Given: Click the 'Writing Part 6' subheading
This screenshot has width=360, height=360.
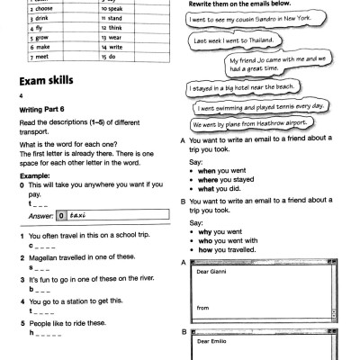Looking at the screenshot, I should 40,113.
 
